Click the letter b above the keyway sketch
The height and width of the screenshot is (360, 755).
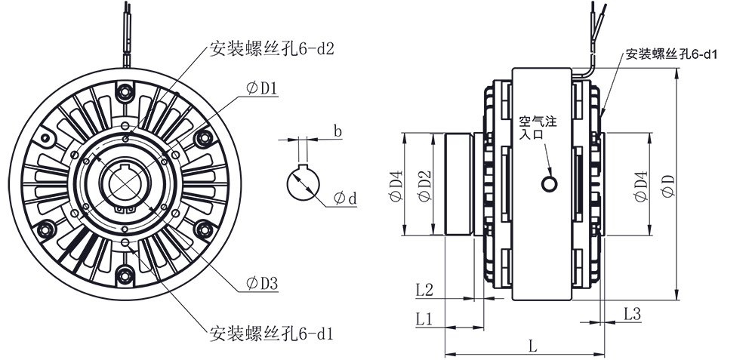point(337,131)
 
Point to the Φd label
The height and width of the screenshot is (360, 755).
point(344,198)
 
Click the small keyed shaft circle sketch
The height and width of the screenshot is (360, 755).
point(304,183)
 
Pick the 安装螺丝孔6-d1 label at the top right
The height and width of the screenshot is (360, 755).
point(670,55)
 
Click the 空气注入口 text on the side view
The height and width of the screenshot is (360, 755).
point(537,127)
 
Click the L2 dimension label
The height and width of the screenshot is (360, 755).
point(424,289)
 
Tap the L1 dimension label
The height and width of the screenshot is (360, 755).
point(424,318)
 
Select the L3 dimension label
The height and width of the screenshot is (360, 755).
point(633,313)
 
